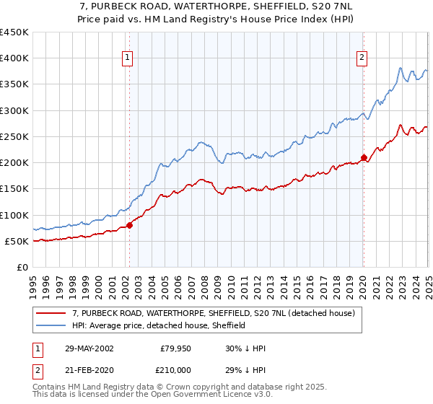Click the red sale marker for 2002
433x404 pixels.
click(x=130, y=225)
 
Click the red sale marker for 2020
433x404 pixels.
click(x=364, y=157)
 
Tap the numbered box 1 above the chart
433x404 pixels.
click(x=127, y=58)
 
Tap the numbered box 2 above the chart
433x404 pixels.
click(x=361, y=58)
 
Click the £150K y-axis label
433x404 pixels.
click(x=14, y=189)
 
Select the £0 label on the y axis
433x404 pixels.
click(x=22, y=268)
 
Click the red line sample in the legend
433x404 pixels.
click(x=51, y=314)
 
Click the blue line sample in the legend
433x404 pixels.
click(x=51, y=326)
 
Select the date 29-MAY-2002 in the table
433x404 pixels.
click(x=89, y=349)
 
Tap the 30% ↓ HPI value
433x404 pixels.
click(x=246, y=349)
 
